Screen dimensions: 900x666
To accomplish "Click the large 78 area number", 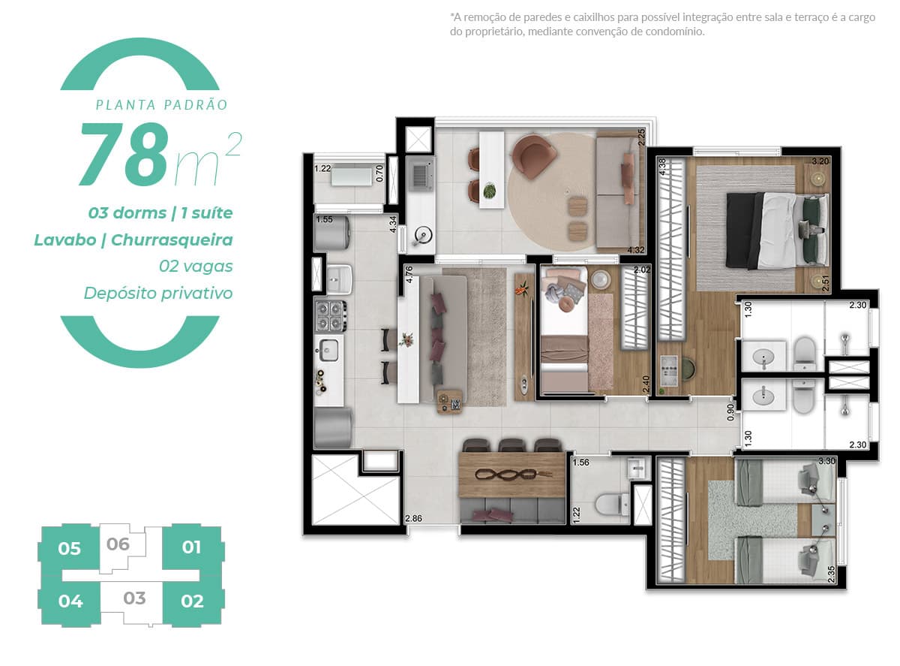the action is (124, 155).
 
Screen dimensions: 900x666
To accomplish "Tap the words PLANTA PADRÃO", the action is (161, 105).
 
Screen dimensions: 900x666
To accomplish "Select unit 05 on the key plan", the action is (69, 548).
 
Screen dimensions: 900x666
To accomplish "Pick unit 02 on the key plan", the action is (192, 601).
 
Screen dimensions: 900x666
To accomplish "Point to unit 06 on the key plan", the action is (118, 544).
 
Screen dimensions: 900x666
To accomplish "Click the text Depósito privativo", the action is (158, 293).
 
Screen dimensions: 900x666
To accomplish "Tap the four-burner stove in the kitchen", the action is (331, 315).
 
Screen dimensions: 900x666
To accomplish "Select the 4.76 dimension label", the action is (409, 275).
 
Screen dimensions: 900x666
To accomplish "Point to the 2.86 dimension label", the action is (413, 518).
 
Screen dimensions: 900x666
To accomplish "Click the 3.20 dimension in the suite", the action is (820, 161).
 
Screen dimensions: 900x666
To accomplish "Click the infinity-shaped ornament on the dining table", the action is (513, 475).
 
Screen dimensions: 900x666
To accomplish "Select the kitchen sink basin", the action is (329, 348).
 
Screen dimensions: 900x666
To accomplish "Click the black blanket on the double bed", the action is (744, 230).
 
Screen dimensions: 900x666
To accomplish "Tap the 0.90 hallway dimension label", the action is (731, 411).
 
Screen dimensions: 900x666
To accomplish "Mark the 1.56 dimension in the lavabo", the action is (581, 462).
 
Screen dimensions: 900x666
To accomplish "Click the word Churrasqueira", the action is (172, 240).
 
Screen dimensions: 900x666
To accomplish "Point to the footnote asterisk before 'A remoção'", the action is (452, 16).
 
